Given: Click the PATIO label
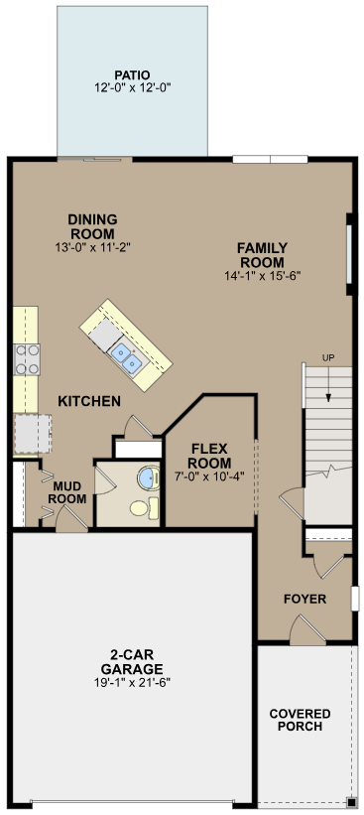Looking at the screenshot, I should coord(131,74).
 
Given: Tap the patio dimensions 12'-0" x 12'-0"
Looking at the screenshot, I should coord(131,87).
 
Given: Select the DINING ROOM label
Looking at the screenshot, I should coord(92,226).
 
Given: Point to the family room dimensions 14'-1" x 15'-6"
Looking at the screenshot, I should coord(262,276).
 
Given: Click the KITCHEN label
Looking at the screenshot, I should coord(89,401).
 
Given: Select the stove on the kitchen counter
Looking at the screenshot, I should coord(26,357).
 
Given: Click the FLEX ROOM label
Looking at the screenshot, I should coord(209,456).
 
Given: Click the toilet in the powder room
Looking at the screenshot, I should coord(140,509).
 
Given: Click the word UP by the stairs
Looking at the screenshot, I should coord(327,358).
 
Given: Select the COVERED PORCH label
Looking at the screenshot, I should coord(300,720).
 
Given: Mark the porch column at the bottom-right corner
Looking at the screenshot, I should coord(350,802).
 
